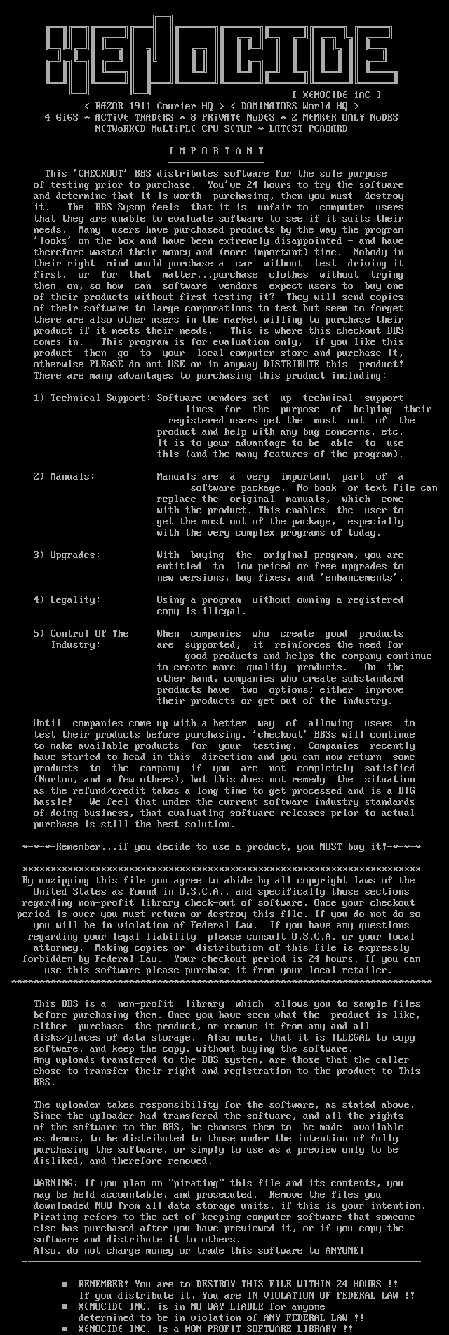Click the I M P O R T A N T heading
click(x=217, y=151)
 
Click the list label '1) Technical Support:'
click(x=92, y=398)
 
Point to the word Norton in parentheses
click(x=58, y=780)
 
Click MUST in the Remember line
click(x=330, y=847)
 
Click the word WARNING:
click(x=58, y=1184)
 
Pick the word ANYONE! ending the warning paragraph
click(x=344, y=1251)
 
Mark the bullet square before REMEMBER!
click(x=65, y=1285)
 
